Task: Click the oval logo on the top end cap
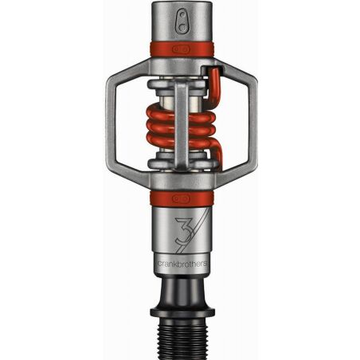(181, 21)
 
